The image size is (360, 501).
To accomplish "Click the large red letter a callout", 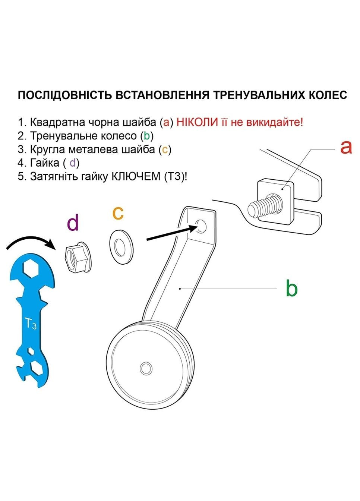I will click(x=346, y=147).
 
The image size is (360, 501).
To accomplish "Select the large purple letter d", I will click(x=73, y=223).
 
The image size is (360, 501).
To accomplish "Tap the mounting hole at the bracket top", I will click(x=200, y=226).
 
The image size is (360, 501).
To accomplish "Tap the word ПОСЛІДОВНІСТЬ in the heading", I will click(x=64, y=95).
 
